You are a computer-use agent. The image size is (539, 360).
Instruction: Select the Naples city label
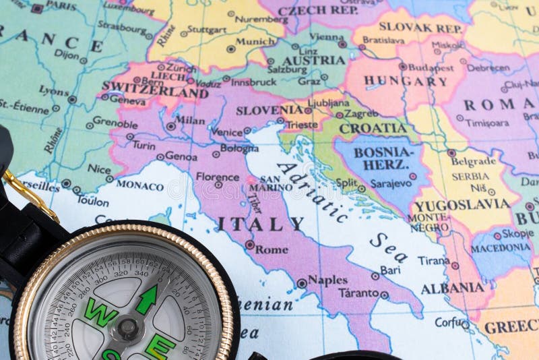(327, 280)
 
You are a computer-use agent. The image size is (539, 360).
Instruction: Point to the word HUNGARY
(406, 82)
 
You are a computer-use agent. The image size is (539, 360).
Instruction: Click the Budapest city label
(431, 67)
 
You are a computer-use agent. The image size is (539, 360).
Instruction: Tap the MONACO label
(139, 185)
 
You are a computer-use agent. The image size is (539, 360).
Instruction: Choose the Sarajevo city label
(390, 183)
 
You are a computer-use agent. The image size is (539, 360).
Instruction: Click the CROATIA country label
(373, 128)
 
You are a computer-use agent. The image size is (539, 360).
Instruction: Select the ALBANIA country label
(453, 289)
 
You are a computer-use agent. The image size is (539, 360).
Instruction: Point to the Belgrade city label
(474, 161)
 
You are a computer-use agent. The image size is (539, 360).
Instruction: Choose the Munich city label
(255, 42)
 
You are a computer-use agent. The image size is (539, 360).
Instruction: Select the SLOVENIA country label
(269, 109)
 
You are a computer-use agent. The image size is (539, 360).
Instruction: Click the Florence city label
(218, 177)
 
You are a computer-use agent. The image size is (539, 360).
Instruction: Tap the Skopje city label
(517, 233)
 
